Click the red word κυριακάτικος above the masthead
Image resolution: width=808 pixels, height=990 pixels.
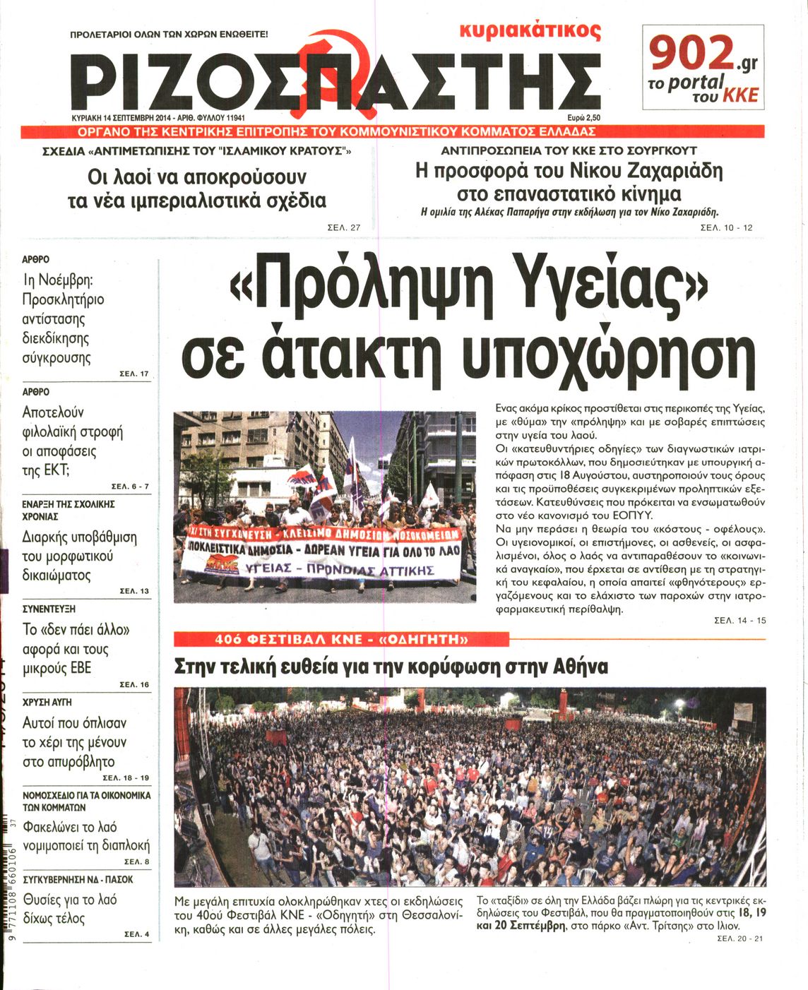(x=530, y=32)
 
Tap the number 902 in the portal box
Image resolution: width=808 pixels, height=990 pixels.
(x=691, y=54)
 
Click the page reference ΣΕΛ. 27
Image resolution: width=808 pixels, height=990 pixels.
(x=345, y=227)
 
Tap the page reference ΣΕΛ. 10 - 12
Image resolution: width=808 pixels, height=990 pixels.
(x=727, y=227)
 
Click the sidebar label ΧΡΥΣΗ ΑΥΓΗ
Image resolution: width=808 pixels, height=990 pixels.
(x=47, y=703)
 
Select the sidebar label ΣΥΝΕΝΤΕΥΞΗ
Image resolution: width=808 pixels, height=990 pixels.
(x=49, y=609)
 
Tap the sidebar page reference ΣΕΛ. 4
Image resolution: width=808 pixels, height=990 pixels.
(x=136, y=934)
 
